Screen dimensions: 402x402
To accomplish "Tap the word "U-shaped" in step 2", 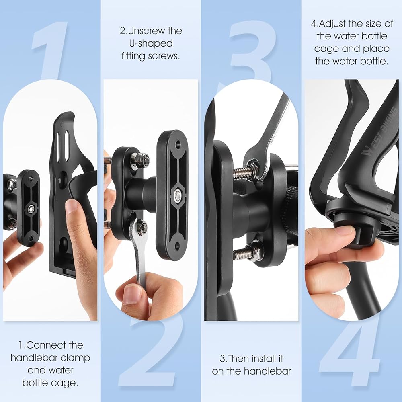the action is (x=151, y=43).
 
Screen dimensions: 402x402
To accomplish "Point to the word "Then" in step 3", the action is (x=238, y=359).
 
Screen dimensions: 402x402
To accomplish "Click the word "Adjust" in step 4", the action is (x=332, y=24).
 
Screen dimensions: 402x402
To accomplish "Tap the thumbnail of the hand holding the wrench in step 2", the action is (x=131, y=295).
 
